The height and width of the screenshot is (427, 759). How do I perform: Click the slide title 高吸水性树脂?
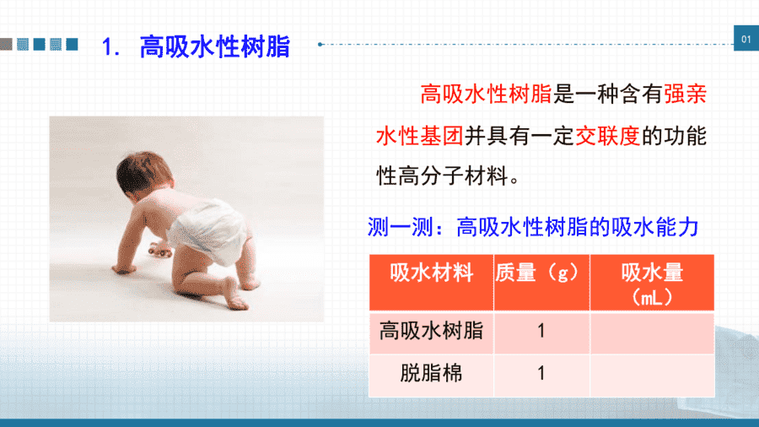click(214, 47)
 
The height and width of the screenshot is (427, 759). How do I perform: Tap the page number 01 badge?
click(746, 39)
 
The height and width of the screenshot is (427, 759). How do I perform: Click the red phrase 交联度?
click(607, 136)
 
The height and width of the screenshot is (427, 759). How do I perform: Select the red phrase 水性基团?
click(420, 136)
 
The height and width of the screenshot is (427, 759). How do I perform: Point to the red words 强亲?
click(685, 94)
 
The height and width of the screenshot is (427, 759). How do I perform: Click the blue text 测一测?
click(401, 226)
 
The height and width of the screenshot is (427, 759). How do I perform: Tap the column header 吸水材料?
click(431, 273)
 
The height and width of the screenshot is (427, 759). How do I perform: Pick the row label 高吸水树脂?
click(431, 331)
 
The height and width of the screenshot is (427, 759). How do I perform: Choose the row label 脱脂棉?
click(431, 373)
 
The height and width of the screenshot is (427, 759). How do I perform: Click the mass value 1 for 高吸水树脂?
click(541, 331)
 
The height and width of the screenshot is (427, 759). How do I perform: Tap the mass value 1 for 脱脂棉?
click(541, 373)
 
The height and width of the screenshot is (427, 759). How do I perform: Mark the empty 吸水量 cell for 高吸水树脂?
click(652, 332)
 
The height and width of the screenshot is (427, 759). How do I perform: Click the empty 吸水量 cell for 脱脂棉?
click(652, 376)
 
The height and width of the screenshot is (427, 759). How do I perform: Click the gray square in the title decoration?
click(6, 44)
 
